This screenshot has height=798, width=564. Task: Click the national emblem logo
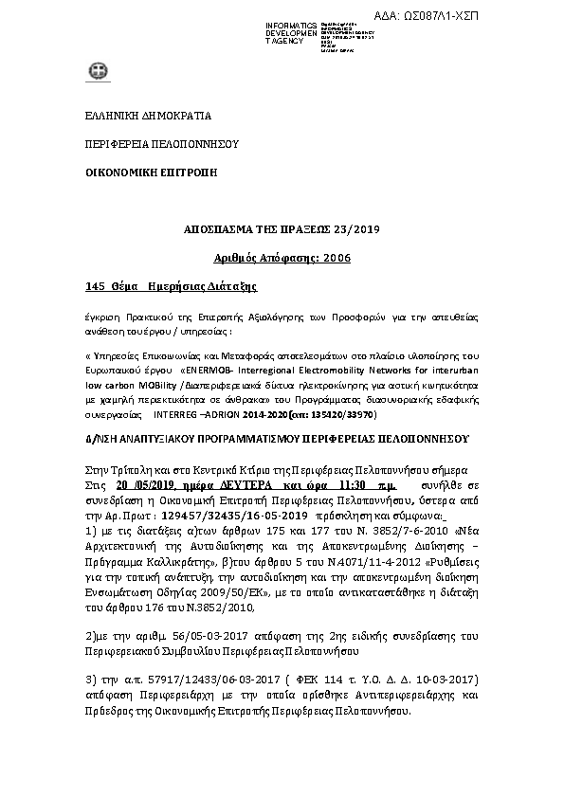97,72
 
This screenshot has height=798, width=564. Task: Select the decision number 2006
334,258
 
